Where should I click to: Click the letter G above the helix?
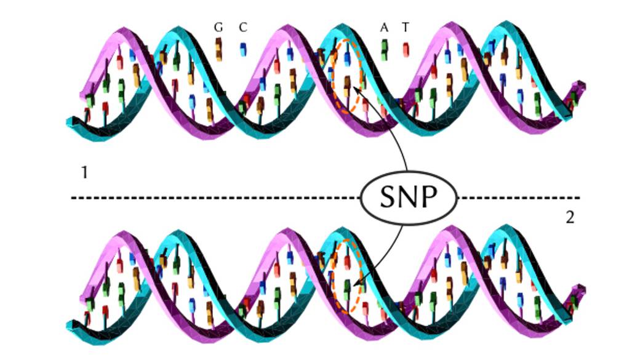[x=218, y=27]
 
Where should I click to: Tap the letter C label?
[x=243, y=27]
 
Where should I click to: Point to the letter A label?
[x=384, y=27]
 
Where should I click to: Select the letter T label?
[x=405, y=27]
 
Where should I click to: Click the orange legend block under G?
[x=219, y=49]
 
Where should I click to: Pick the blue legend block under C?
[x=243, y=49]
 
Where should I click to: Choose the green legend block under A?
[x=384, y=50]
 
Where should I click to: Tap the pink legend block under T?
[x=406, y=50]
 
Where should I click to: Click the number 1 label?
[x=84, y=172]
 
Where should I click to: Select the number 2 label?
[x=570, y=218]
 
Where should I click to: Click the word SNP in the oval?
[x=408, y=198]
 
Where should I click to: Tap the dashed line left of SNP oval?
[x=216, y=198]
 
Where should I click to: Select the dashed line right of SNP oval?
[x=518, y=198]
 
